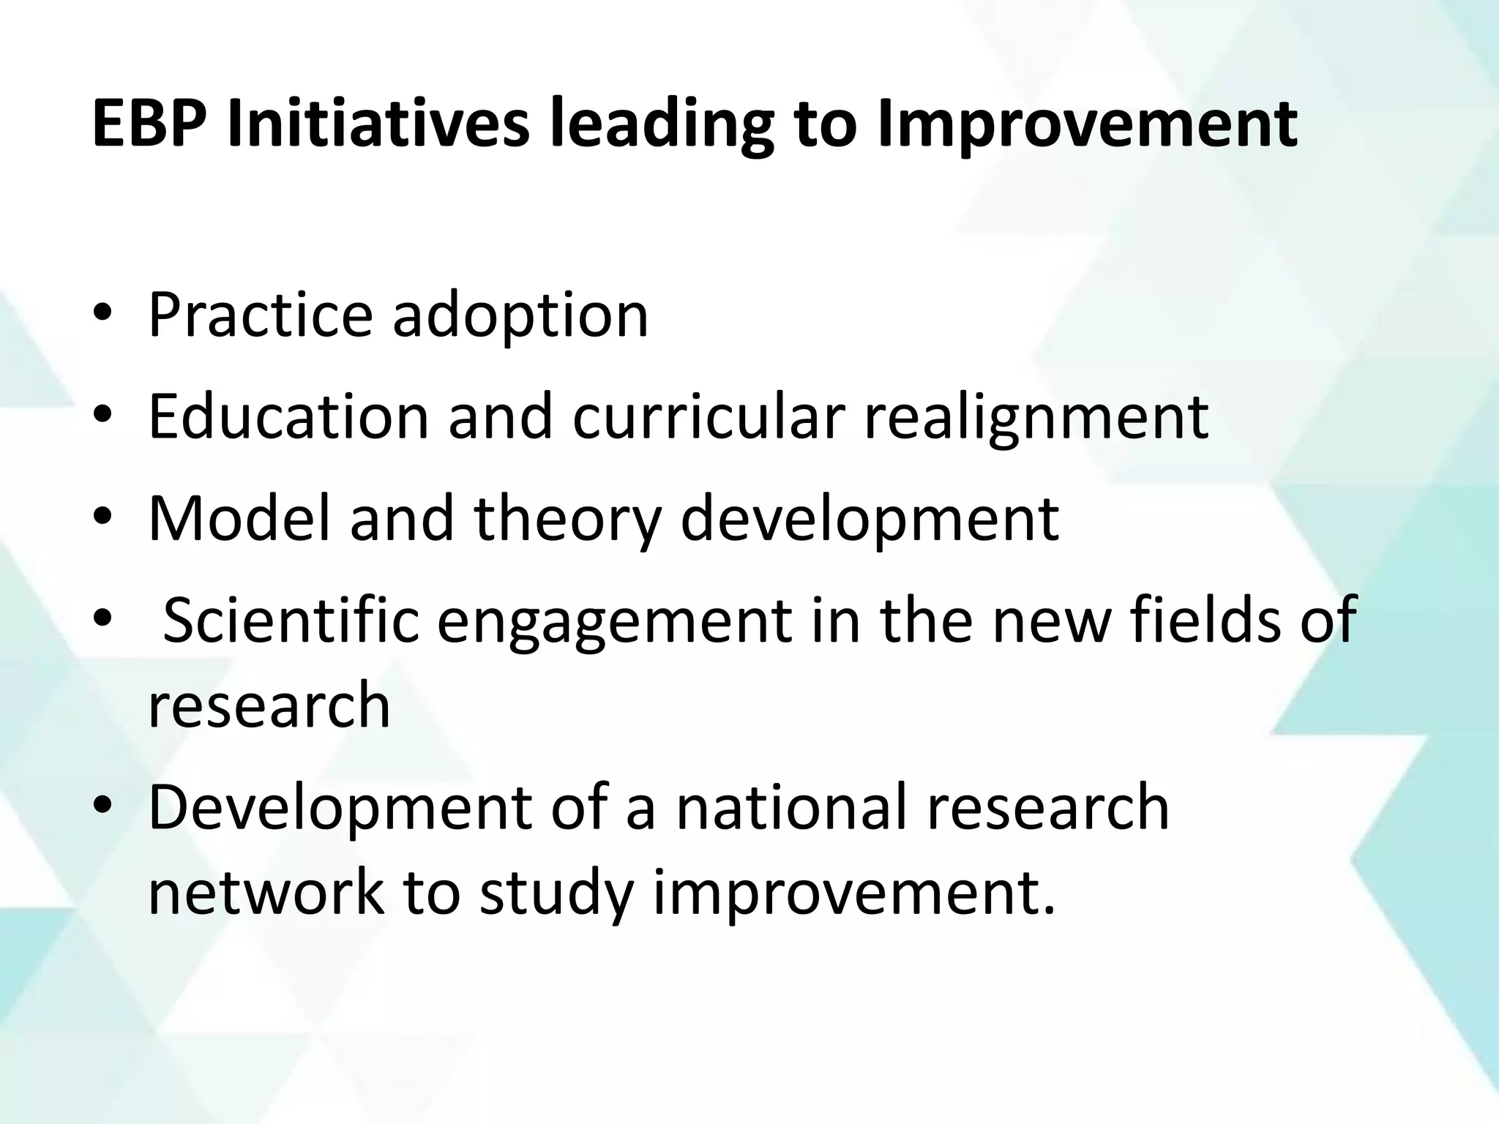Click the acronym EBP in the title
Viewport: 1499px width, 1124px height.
click(151, 124)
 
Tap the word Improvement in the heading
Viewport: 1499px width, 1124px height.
click(1086, 124)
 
